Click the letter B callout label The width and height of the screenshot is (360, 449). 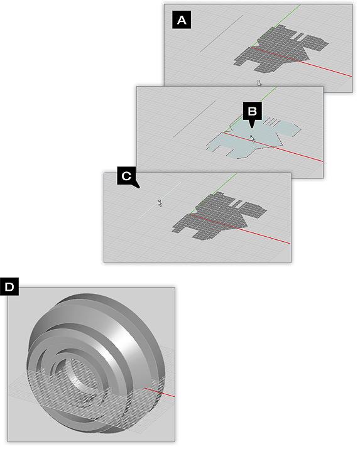coord(252,112)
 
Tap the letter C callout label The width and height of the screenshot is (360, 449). coord(126,176)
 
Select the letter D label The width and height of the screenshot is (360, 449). coord(9,286)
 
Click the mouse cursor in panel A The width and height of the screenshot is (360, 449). coord(259,83)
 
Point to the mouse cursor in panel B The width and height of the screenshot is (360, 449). coord(252,139)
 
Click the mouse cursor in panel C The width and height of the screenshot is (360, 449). coord(160,203)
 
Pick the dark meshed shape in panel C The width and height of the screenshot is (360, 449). coord(217,216)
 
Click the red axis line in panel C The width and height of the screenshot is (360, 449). coord(241,229)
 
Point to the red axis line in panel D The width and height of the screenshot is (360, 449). coord(159,392)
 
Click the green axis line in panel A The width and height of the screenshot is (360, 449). coord(276,25)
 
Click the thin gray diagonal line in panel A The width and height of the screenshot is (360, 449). coord(221,34)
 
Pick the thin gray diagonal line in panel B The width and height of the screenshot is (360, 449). coord(194,119)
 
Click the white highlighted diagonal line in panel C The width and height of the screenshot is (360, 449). coord(159,201)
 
